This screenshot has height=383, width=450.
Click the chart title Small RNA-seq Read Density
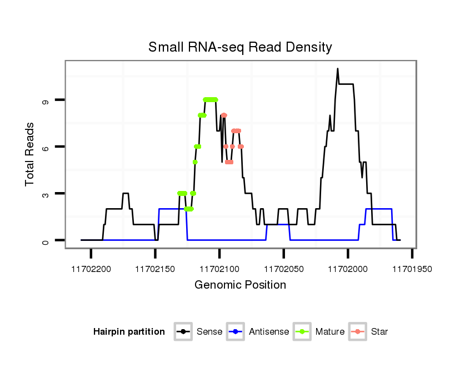point(240,47)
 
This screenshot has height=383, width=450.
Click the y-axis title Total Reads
point(31,154)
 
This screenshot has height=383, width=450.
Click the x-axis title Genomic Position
point(240,285)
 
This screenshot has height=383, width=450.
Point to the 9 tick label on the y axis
point(45,100)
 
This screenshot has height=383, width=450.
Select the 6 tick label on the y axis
point(45,147)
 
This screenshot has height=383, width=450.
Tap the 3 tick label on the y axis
point(45,194)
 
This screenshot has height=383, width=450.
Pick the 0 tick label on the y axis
point(45,240)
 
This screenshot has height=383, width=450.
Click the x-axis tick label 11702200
point(91,269)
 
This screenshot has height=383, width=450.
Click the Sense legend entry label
point(209,332)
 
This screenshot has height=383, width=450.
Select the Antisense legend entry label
point(268,332)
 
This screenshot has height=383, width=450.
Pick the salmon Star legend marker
point(358,332)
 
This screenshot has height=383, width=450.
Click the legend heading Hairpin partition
point(129,332)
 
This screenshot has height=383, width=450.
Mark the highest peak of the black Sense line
point(337,69)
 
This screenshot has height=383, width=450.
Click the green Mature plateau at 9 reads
point(210,99)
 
